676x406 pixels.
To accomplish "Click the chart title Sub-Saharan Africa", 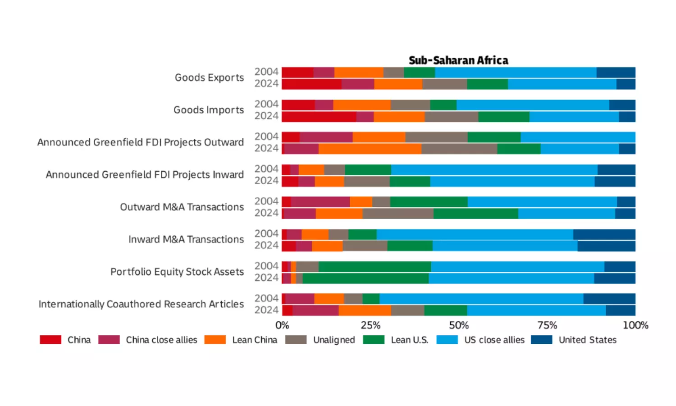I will (x=458, y=60).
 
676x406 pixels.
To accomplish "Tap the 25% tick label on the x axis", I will (x=370, y=325).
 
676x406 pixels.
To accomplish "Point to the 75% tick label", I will (x=547, y=325).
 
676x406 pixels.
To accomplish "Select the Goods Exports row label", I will (x=209, y=78).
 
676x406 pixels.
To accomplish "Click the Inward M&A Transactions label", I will (x=186, y=239).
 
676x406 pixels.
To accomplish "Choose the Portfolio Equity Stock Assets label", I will (x=177, y=272).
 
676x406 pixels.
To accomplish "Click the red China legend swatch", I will (x=50, y=340).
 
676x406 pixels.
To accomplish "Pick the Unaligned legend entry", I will (x=333, y=340).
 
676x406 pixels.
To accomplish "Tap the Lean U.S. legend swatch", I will (x=374, y=340).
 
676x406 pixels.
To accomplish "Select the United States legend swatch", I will (x=541, y=340).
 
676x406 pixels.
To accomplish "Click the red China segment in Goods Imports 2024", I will (x=319, y=117).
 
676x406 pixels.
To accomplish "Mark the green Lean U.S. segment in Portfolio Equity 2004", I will (x=375, y=267).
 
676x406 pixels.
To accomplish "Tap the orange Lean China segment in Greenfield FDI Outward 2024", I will (x=370, y=149).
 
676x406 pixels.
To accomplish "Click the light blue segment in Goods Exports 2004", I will (x=516, y=73).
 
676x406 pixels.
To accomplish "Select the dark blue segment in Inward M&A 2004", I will (x=604, y=234).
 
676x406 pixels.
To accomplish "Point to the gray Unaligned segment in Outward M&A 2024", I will (x=398, y=214).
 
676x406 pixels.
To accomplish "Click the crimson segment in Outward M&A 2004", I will (x=320, y=202).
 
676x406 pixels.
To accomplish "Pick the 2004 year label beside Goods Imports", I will (x=266, y=104).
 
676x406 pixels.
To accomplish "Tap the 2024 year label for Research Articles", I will (x=266, y=310).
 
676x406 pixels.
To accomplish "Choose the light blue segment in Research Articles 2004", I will (x=481, y=299).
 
